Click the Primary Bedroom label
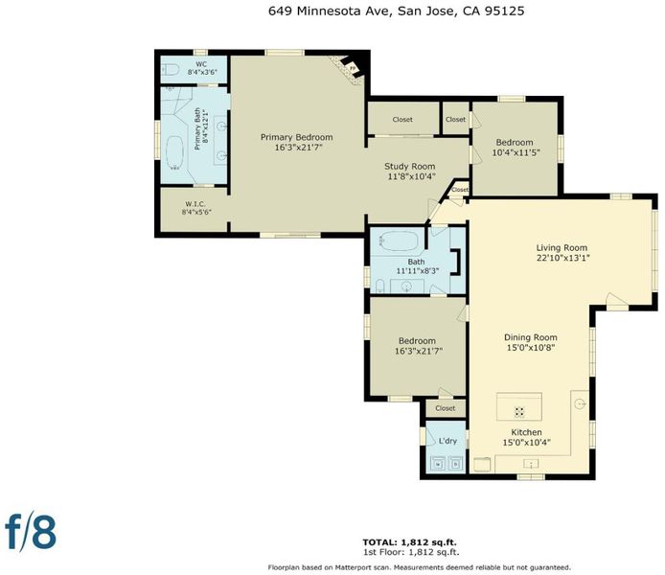296,137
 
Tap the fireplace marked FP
352,67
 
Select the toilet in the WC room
171,69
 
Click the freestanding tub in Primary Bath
174,152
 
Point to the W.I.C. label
195,204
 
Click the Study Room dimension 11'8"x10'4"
411,176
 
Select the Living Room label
562,247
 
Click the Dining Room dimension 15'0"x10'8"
531,348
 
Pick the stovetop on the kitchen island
519,411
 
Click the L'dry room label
447,441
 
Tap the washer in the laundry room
438,464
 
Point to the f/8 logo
31,533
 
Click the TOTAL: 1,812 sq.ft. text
410,542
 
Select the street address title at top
396,11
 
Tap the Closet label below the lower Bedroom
446,408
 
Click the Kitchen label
526,432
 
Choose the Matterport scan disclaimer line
419,567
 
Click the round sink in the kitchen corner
580,403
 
